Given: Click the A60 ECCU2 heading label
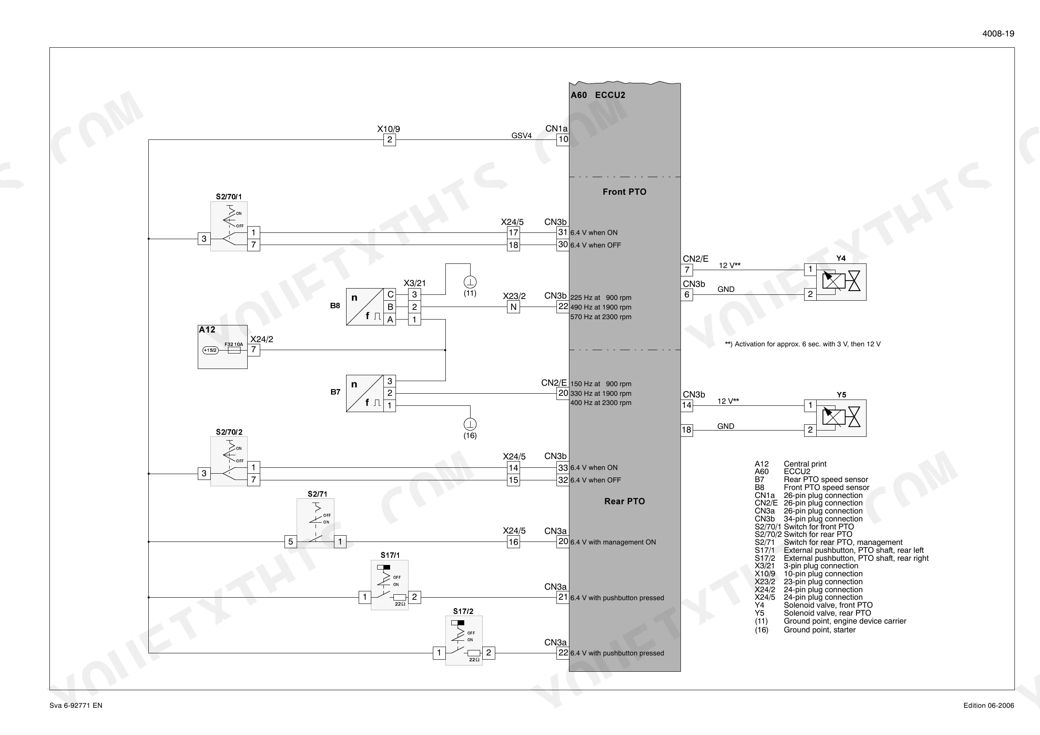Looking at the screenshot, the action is coord(598,95).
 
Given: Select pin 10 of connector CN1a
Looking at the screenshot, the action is coord(563,139).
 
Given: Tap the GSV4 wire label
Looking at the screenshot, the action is coord(521,135).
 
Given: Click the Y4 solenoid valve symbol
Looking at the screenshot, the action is coord(841,282).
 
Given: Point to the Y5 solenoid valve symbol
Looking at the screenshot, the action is coord(841,418).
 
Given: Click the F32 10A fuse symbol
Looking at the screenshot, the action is coord(234,350).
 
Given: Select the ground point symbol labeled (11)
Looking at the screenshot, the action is coord(470,282).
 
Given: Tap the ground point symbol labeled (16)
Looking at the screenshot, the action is coord(470,424).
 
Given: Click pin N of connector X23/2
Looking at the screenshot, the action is coord(513,307).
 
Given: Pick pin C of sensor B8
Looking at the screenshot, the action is coord(390,294).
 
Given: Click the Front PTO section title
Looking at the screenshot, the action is coord(624,192).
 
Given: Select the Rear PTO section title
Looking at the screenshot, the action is coord(624,501).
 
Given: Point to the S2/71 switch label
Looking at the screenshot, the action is coord(317,494).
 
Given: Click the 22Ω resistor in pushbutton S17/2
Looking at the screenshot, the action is coord(474,653).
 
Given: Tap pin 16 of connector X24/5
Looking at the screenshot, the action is coord(513,542).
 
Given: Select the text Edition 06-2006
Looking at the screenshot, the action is coord(989,706).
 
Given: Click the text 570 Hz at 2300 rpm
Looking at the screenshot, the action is coord(600,317).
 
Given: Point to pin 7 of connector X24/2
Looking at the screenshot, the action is coord(254,350).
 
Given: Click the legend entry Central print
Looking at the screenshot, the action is coord(805,464).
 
